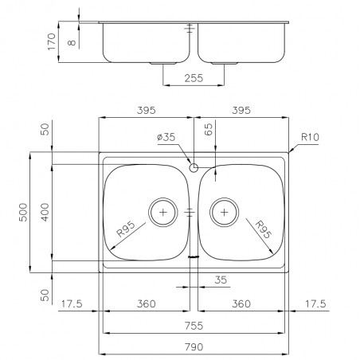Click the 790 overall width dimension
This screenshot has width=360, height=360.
(194, 346)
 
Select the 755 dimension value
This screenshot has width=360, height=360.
(194, 326)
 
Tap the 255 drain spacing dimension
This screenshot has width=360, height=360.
(194, 78)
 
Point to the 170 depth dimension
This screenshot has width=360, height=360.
(52, 41)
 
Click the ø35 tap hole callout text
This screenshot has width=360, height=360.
(166, 137)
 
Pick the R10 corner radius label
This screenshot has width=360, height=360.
(310, 137)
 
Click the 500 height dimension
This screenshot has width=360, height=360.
(23, 212)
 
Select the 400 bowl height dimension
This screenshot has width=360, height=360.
(45, 212)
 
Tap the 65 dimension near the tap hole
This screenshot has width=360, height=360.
(209, 129)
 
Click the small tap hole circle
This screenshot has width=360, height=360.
(194, 168)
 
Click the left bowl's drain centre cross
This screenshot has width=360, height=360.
(163, 212)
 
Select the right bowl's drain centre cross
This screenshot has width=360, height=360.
(225, 212)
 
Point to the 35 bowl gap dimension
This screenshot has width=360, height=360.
(221, 280)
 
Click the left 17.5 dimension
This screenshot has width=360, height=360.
(72, 303)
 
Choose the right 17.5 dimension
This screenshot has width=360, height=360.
(315, 303)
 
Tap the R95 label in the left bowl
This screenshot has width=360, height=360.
(126, 229)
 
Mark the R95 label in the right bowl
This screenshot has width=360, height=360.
(264, 229)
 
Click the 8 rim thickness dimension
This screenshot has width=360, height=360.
(72, 42)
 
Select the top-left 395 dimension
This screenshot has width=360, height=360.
(146, 110)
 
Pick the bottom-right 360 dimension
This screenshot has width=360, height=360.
(241, 303)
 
